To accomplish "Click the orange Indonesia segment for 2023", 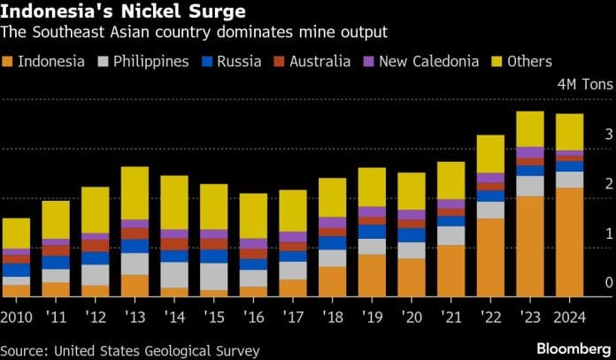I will [x=530, y=246].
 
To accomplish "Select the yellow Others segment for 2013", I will [x=135, y=193].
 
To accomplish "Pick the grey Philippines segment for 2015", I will [x=213, y=276].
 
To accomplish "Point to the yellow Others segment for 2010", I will [x=16, y=234].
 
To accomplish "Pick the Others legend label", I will [x=530, y=62].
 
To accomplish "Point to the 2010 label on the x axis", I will [x=17, y=317].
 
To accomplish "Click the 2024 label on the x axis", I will [x=569, y=317].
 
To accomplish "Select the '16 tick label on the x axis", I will [x=253, y=317].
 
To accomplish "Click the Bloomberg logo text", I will [x=569, y=348].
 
